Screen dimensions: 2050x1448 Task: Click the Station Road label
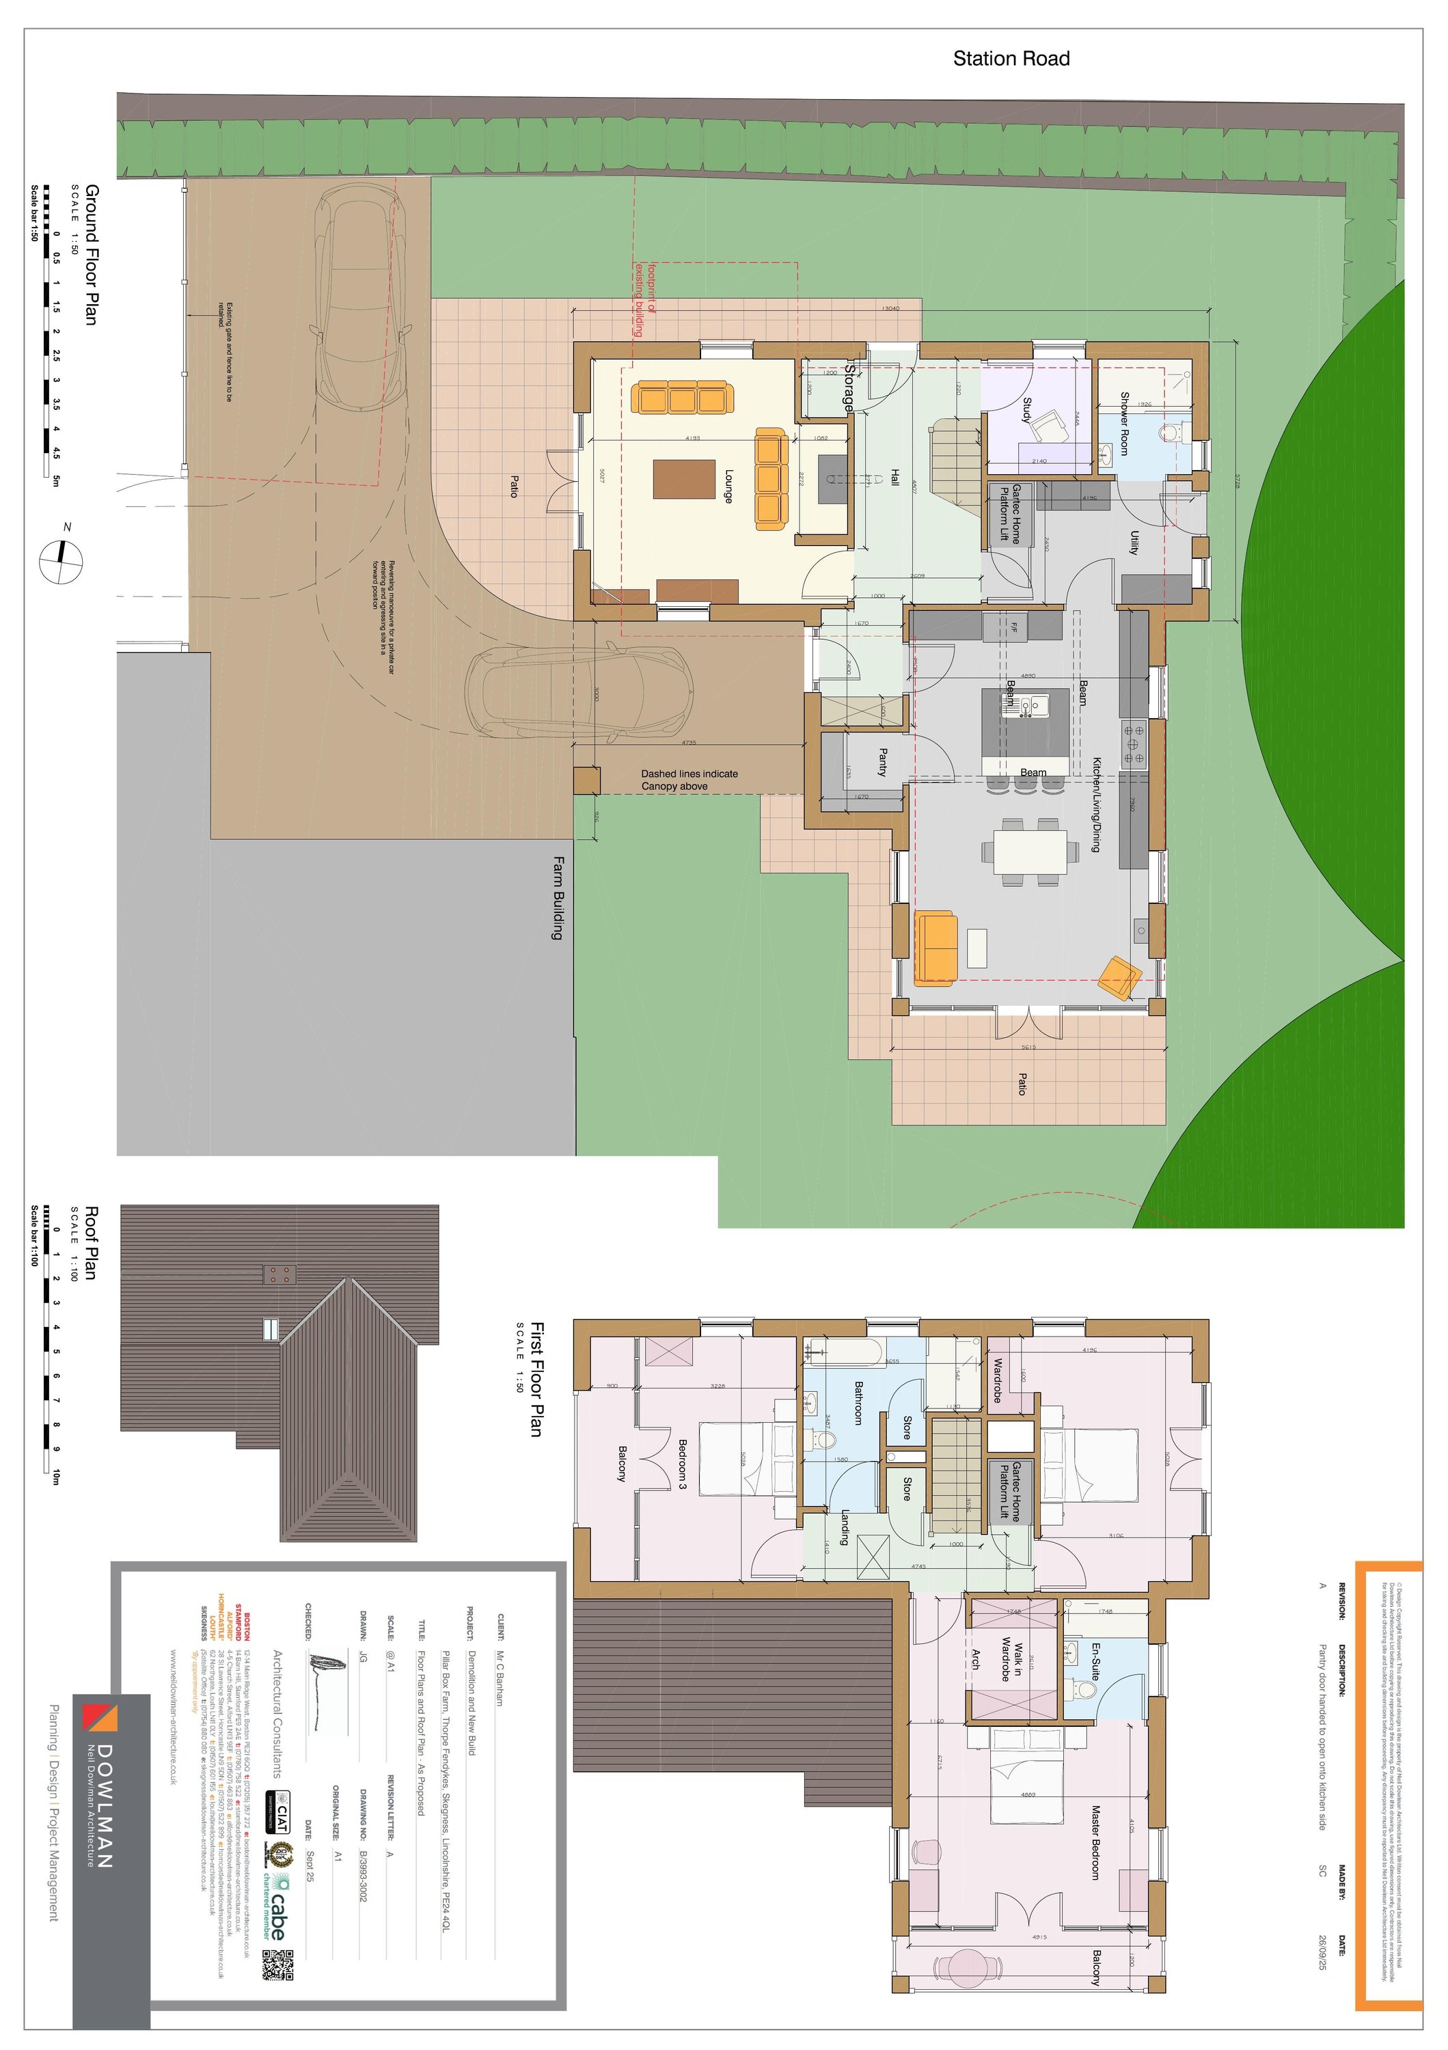click(x=1011, y=59)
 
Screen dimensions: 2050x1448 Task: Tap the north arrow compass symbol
click(x=62, y=562)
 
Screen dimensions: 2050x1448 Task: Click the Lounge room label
click(x=728, y=487)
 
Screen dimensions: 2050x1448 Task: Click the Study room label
click(x=1026, y=411)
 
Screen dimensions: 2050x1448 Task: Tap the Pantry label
click(x=883, y=762)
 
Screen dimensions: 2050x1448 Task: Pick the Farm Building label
click(x=559, y=897)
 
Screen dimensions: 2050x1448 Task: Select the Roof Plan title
click(x=91, y=1243)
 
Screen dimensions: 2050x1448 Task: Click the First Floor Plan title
click(x=536, y=1380)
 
